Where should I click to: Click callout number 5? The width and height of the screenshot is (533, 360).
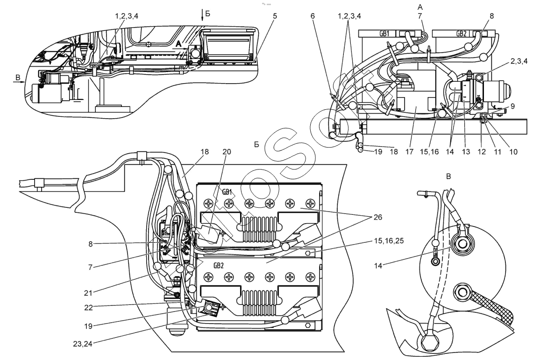[275, 15]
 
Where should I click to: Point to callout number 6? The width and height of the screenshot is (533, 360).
[313, 15]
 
